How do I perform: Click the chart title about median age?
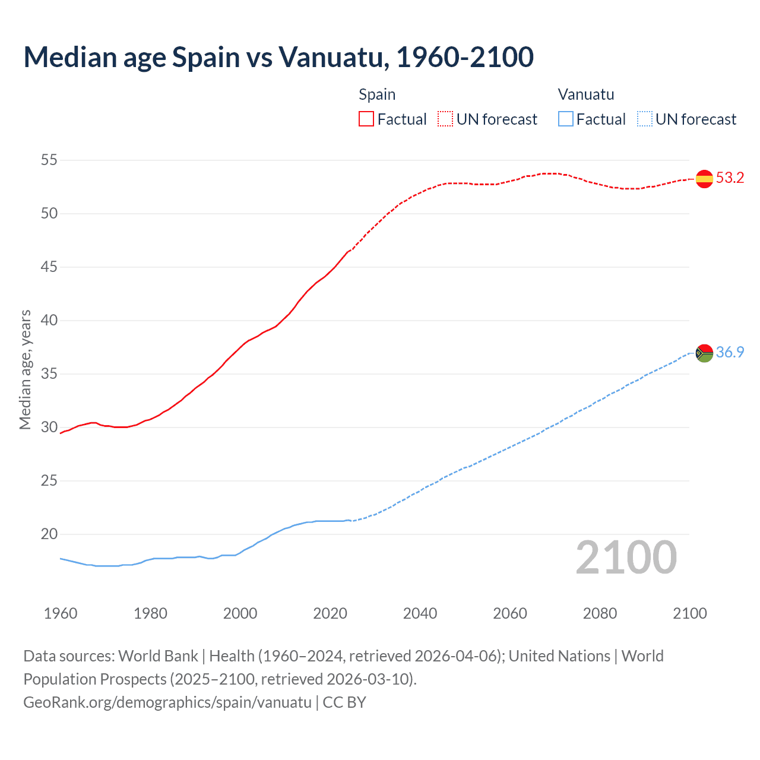click(x=278, y=57)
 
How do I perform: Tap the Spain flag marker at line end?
click(x=704, y=178)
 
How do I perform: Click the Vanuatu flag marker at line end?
click(x=704, y=353)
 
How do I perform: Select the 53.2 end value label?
click(x=730, y=178)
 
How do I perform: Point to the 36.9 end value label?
click(x=730, y=352)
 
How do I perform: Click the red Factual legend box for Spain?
click(x=366, y=119)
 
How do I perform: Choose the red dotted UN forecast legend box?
click(x=445, y=119)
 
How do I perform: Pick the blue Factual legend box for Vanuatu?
click(x=566, y=119)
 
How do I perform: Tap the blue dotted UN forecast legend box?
click(x=644, y=119)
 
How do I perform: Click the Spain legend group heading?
click(x=377, y=94)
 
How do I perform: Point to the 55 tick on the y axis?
click(x=49, y=160)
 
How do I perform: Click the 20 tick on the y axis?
click(x=49, y=534)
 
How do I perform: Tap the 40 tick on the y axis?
click(x=49, y=320)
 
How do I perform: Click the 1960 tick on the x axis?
click(x=61, y=613)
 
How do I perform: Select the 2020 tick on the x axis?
click(x=330, y=613)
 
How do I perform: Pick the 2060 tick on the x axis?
click(x=510, y=613)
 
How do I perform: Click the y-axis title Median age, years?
click(x=25, y=369)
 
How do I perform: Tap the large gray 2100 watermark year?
click(x=626, y=558)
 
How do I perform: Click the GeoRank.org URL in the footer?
click(x=167, y=702)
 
